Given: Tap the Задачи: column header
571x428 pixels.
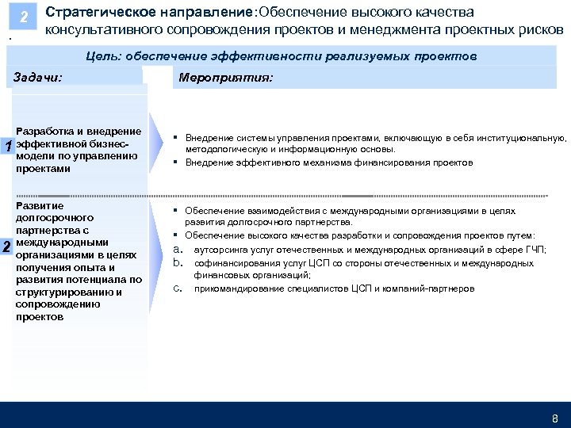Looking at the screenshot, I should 38,77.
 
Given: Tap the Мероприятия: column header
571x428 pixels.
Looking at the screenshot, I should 225,78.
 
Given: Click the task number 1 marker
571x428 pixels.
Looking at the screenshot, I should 7,147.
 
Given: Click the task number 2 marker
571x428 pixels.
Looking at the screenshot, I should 7,246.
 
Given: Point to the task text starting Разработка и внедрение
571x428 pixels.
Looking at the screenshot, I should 79,150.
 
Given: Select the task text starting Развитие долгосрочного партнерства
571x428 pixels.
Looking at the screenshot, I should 79,261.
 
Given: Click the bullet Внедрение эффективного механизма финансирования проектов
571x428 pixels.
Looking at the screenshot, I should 329,162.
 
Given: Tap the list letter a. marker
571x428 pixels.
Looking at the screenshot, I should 178,249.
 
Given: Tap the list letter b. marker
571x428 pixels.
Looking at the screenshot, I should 178,262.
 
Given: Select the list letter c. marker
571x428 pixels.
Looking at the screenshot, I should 178,289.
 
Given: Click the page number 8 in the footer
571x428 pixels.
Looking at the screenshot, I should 554,418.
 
